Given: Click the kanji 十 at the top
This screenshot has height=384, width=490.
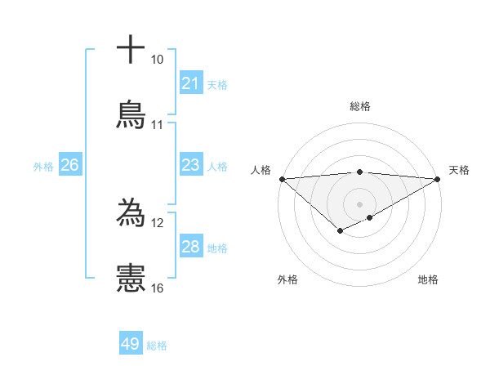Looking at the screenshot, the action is [x=131, y=50].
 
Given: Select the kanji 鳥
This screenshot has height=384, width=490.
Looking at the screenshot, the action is [x=131, y=114].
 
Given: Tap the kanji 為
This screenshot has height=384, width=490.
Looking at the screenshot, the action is [x=131, y=213].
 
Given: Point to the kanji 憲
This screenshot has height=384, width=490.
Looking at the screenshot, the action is [x=131, y=278].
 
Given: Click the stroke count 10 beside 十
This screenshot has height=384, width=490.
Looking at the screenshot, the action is [x=158, y=60].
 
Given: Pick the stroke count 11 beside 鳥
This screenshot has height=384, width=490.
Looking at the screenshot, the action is [x=158, y=125].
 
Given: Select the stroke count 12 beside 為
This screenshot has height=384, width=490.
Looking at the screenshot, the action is [x=158, y=223].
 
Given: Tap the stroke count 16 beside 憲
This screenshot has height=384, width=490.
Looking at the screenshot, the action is [x=158, y=288].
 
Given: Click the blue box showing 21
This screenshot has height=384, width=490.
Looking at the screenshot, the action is [x=191, y=83].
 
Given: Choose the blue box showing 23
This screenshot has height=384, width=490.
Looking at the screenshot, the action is [x=191, y=165].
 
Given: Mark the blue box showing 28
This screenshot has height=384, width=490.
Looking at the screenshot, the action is [x=191, y=247].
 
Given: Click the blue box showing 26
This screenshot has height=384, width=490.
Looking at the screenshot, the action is [x=69, y=165].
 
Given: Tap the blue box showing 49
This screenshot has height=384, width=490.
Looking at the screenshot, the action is [x=131, y=344].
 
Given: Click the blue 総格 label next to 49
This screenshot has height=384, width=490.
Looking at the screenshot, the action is [x=158, y=346].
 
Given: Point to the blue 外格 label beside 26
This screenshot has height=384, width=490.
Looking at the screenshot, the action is [x=43, y=167].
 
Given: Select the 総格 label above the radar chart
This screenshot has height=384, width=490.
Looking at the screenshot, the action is [x=360, y=106].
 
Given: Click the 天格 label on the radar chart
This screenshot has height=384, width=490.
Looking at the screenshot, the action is [x=460, y=170].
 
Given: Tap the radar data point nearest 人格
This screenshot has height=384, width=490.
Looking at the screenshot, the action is [x=282, y=178].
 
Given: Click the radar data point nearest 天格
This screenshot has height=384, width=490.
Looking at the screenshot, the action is [x=438, y=178].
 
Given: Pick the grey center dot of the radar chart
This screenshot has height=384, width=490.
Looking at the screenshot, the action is [x=359, y=203].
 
